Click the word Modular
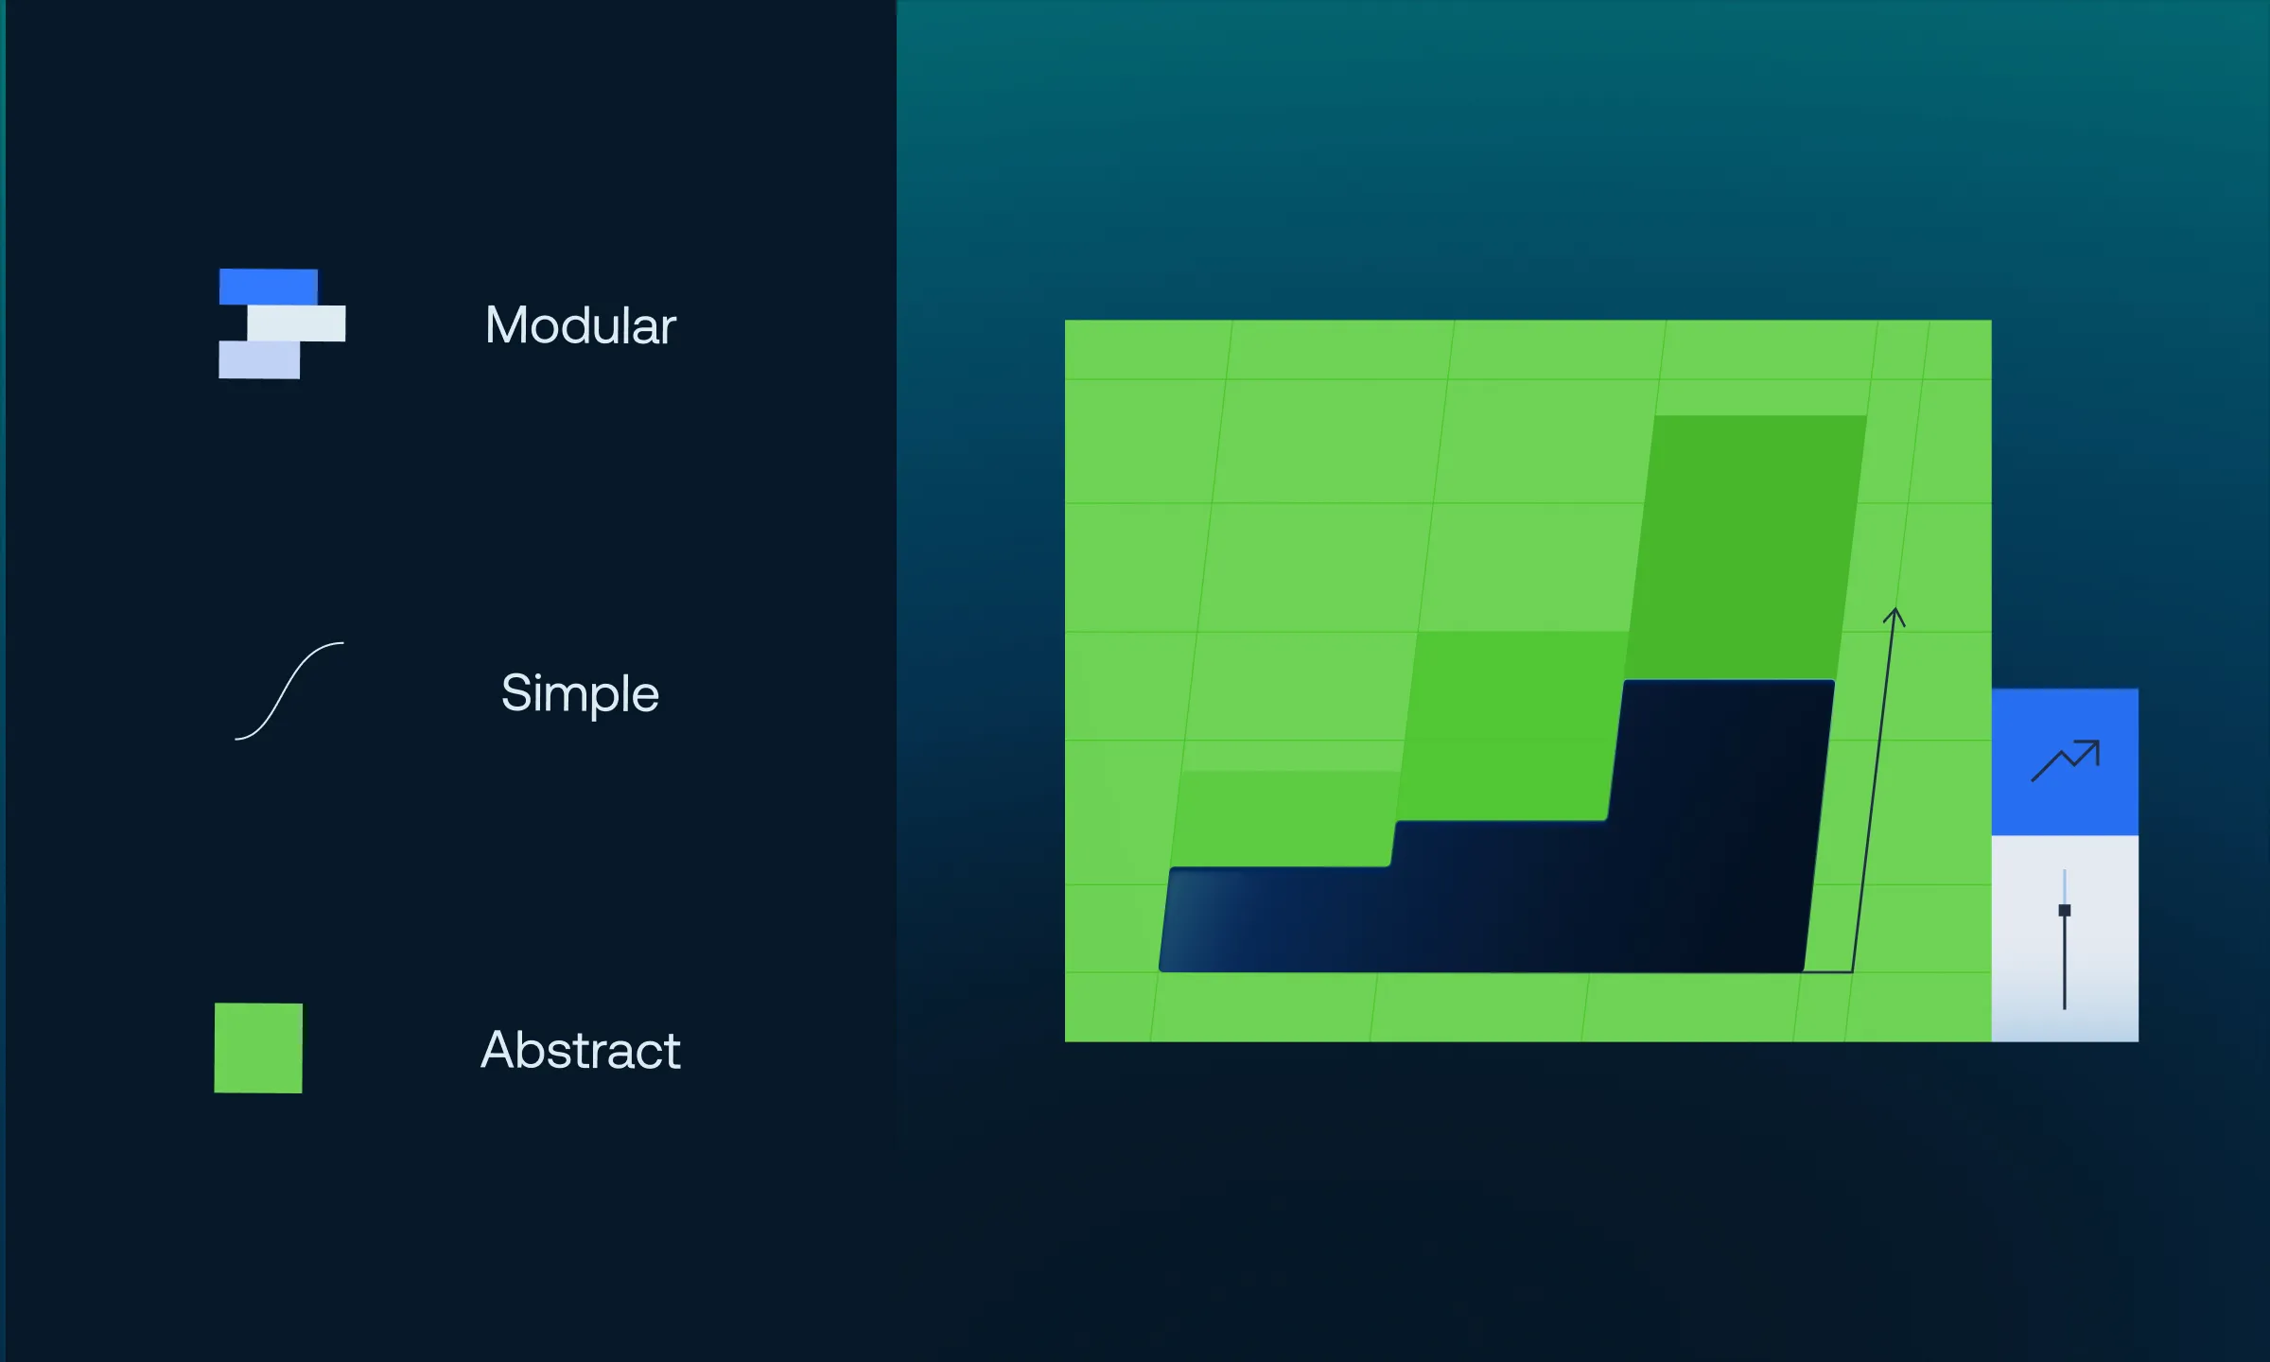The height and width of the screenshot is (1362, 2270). pos(581,325)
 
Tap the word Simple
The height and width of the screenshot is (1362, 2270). pos(580,694)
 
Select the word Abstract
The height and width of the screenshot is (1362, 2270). pos(581,1050)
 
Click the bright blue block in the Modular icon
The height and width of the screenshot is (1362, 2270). pos(269,287)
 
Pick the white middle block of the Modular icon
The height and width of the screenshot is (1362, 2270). pos(297,323)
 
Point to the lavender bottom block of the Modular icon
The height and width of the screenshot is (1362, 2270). pos(259,360)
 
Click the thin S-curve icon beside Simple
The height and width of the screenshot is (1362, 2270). pos(289,690)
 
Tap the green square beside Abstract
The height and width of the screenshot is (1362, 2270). pos(258,1048)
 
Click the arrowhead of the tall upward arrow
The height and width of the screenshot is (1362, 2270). pos(1894,617)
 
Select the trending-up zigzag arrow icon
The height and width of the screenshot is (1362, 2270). pos(2066,760)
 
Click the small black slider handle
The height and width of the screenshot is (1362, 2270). pos(2065,911)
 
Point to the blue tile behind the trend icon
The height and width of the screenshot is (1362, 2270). pos(2065,762)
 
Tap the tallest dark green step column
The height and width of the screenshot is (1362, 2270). pos(1746,547)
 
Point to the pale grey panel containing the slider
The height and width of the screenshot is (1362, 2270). pos(2065,938)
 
